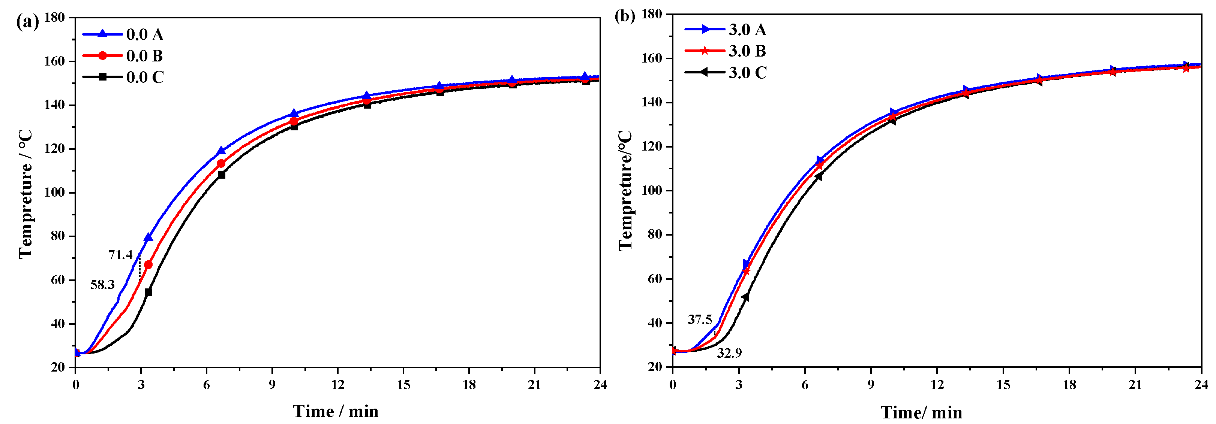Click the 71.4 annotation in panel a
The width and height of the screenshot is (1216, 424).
[x=120, y=255]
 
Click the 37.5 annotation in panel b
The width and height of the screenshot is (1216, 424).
[x=700, y=320]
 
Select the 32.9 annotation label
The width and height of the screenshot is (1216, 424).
[x=729, y=353]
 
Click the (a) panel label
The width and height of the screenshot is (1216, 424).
[x=27, y=22]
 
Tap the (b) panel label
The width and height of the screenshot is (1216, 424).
[x=625, y=16]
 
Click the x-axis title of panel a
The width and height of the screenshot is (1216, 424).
[x=336, y=411]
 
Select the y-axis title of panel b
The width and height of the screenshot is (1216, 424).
[x=625, y=190]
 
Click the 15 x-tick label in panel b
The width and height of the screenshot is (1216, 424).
[x=1003, y=385]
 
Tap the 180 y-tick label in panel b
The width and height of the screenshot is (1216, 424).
[x=651, y=15]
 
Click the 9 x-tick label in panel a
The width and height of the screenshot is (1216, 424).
[x=272, y=385]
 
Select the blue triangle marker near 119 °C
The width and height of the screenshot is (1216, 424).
[x=221, y=151]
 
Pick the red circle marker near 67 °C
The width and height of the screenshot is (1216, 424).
[x=148, y=265]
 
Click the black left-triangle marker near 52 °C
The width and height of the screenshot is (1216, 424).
[x=745, y=297]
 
